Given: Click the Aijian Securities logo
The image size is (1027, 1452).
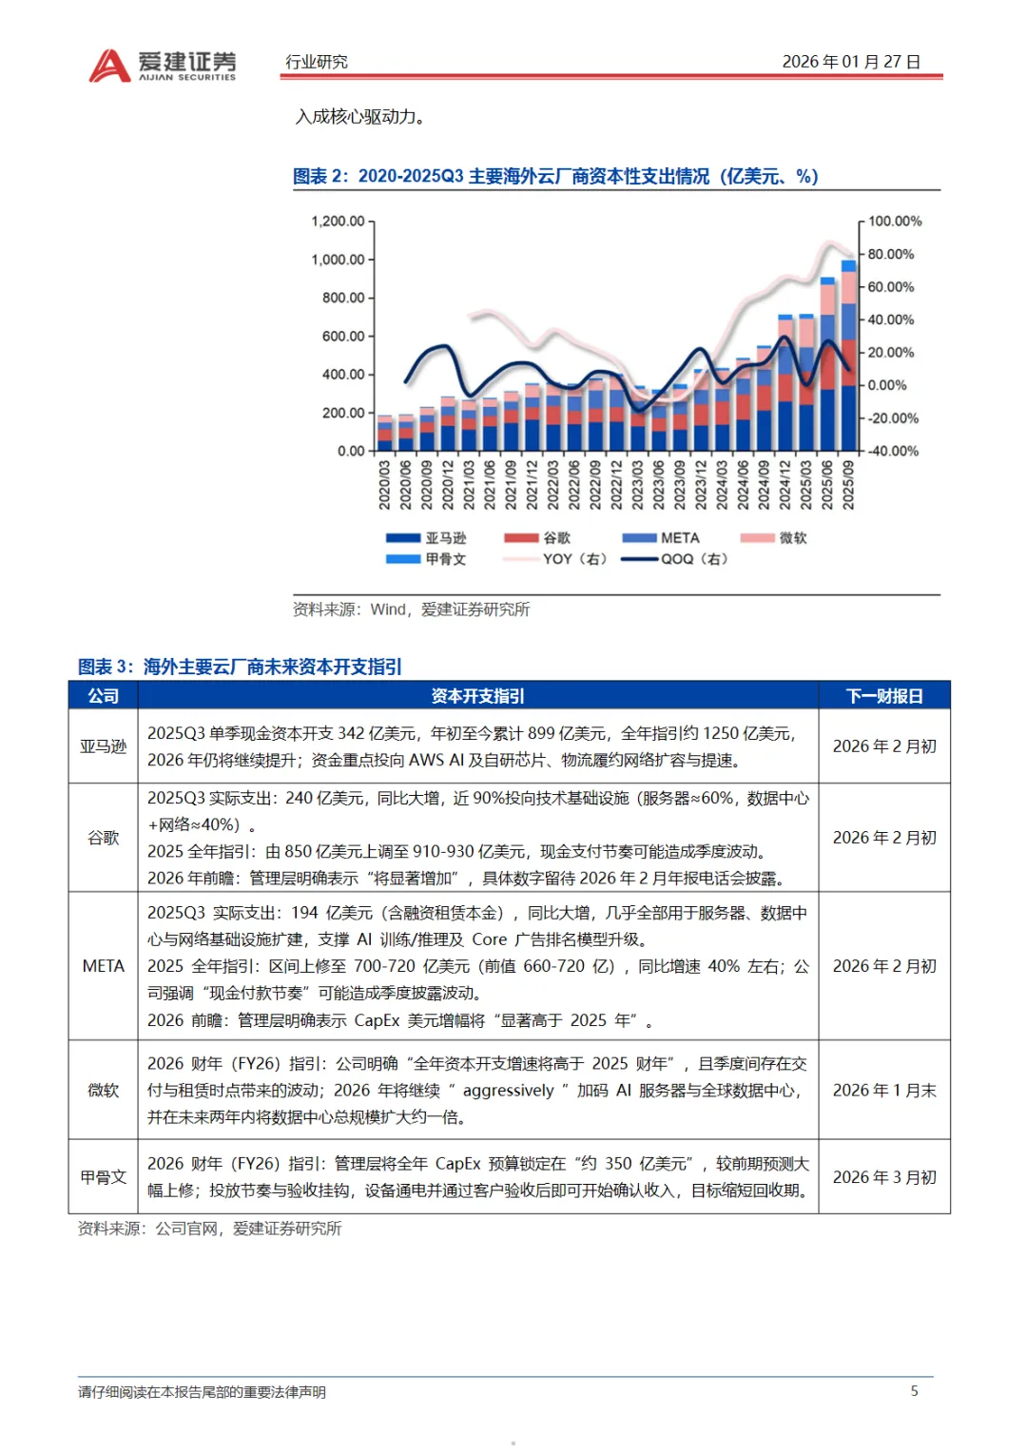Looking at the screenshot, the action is pos(162,66).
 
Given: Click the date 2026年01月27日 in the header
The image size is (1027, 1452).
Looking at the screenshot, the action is pos(851,62).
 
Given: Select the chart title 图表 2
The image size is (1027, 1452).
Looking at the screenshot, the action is pos(555,176).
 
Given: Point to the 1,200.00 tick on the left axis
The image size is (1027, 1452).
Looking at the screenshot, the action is pos(338,221).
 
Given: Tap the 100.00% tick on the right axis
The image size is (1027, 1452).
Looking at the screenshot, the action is pos(895,221).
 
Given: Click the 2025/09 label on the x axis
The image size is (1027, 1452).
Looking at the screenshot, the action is pos(848,485).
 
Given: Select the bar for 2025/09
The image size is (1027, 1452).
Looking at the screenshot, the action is pos(848,356).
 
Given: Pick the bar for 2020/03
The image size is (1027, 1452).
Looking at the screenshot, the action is pos(384,433).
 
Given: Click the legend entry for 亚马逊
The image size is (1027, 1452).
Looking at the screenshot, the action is pos(426,538).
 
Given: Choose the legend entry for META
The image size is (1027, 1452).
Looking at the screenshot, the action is pos(661,538).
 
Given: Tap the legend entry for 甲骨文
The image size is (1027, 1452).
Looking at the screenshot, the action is pos(426,559).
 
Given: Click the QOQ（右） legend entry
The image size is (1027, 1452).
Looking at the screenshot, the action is pos(674,559).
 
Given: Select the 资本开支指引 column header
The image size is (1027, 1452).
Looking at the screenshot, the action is pos(477,695).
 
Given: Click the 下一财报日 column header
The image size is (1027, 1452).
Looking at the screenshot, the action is pos(884,695).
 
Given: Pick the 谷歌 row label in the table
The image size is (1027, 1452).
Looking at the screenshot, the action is pos(103,838).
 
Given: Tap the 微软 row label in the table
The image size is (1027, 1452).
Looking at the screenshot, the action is pos(103,1090).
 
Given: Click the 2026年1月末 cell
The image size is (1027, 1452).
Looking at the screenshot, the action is pos(884,1091).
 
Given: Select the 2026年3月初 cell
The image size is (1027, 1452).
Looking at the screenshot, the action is pos(884,1176).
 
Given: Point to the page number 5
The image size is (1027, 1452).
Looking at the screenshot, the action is pos(914,1390).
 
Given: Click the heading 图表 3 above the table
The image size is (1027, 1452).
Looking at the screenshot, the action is pos(240,667).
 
